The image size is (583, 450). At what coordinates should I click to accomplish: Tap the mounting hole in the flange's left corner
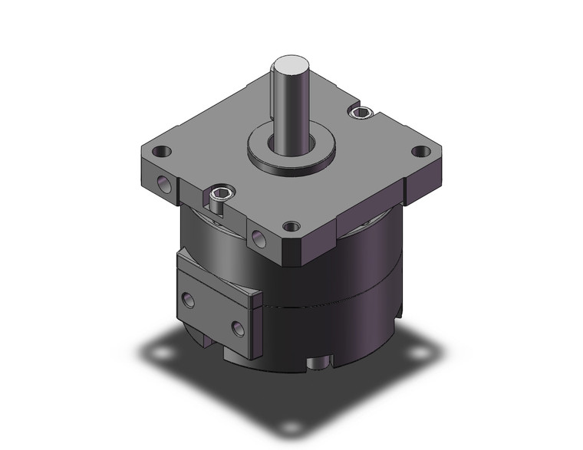tap(160, 151)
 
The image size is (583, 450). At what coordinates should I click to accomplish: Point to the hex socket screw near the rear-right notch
tap(361, 113)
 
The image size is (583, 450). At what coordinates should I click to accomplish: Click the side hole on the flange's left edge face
tap(164, 183)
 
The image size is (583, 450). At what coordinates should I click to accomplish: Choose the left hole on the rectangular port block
tap(187, 297)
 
